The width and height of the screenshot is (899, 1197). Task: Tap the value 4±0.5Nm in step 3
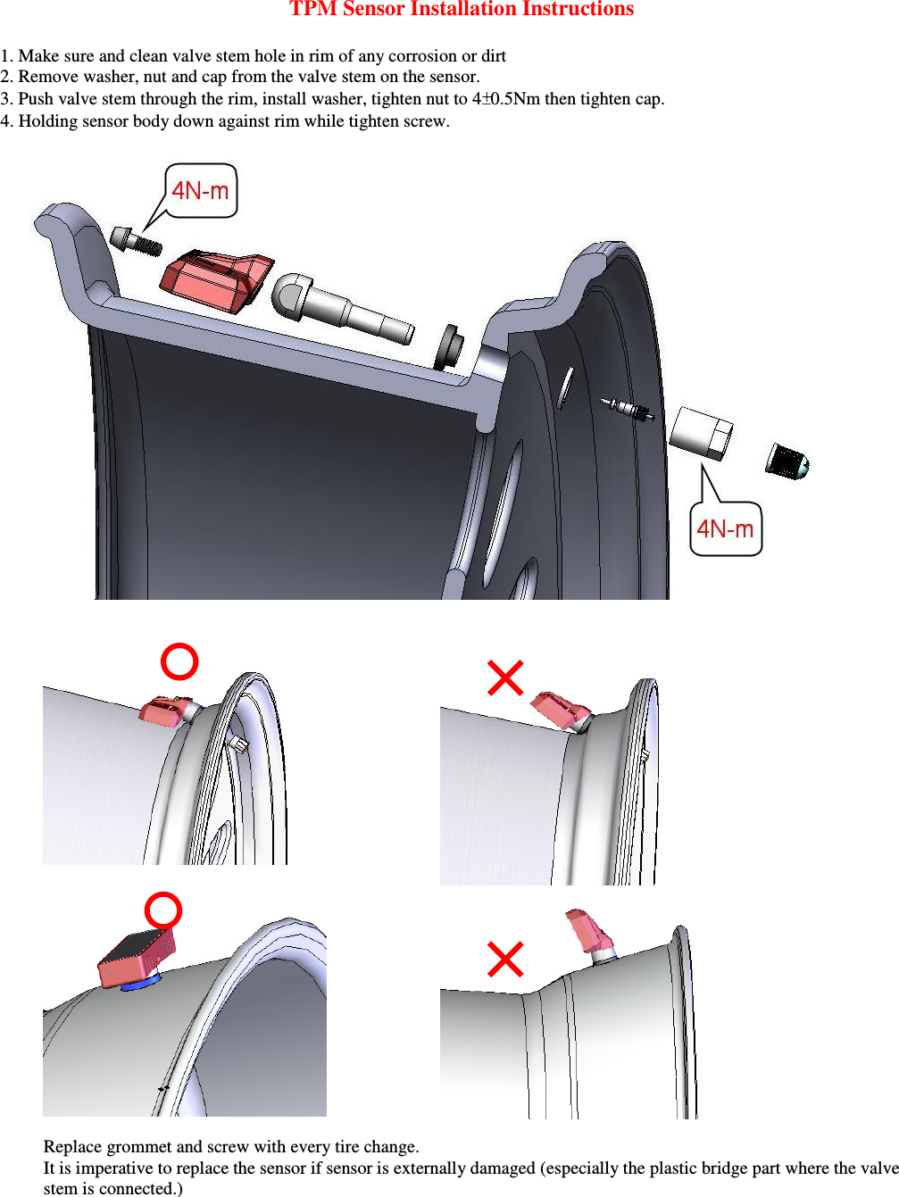click(x=505, y=99)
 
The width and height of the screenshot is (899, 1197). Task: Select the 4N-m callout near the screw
click(x=201, y=190)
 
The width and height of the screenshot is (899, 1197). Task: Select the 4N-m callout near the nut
click(x=725, y=529)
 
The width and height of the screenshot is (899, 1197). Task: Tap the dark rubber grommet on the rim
click(x=447, y=347)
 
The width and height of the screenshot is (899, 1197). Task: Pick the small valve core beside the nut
click(x=628, y=409)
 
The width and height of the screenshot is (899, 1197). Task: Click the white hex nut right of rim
click(x=701, y=433)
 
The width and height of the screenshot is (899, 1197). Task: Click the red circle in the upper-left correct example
click(x=179, y=661)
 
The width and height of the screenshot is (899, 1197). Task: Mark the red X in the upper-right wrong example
click(x=505, y=677)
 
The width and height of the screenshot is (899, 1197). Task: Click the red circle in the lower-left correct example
click(x=163, y=910)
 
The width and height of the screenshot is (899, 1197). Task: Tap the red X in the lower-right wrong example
click(x=505, y=960)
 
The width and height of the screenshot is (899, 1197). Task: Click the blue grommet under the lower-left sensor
click(x=139, y=985)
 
